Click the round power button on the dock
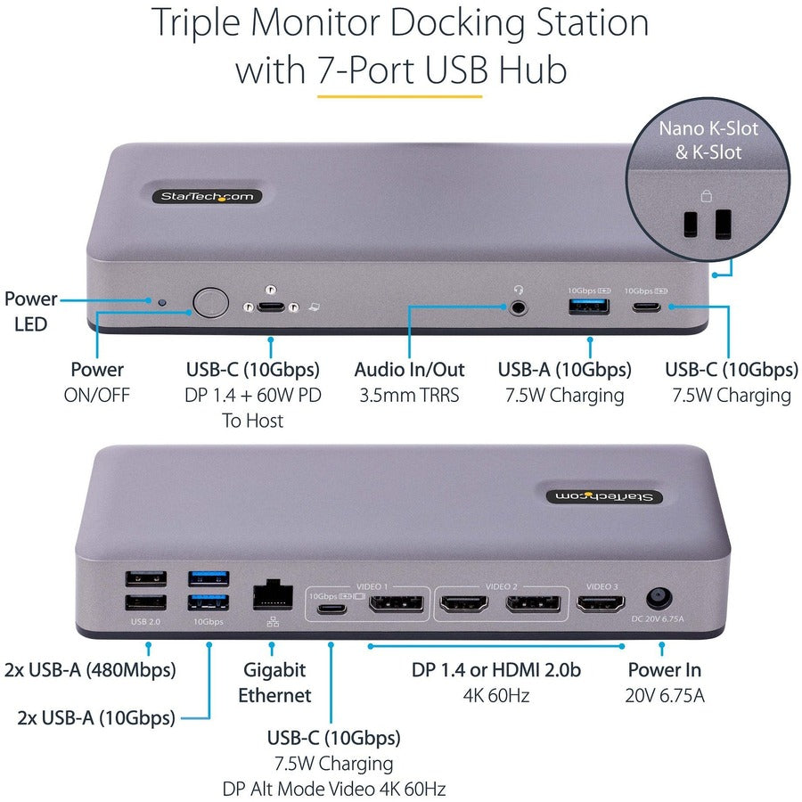pyautogui.click(x=209, y=302)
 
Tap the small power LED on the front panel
pyautogui.click(x=161, y=302)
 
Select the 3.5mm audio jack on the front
pyautogui.click(x=518, y=307)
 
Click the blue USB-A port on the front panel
pyautogui.click(x=589, y=307)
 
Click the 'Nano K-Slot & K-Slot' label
pyautogui.click(x=708, y=140)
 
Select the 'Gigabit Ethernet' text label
pyautogui.click(x=274, y=682)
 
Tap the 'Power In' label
pyautogui.click(x=664, y=669)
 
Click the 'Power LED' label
pyautogui.click(x=31, y=311)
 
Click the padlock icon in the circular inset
pyautogui.click(x=706, y=195)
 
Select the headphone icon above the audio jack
pyautogui.click(x=517, y=289)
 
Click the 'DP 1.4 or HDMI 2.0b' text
pyautogui.click(x=496, y=669)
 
